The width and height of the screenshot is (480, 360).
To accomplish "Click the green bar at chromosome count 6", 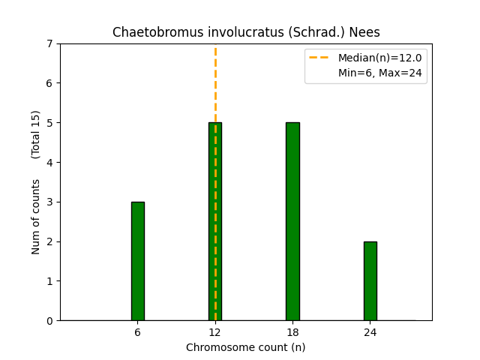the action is coord(138,261).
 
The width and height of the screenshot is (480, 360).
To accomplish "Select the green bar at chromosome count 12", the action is coord(215,222).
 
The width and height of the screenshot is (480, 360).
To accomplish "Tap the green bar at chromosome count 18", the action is coord(293,222).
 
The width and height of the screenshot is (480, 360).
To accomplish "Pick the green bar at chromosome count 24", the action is coord(370,281).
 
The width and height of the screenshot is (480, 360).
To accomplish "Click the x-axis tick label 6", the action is coord(138,332).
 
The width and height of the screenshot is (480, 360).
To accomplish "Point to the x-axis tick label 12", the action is coord(215,332).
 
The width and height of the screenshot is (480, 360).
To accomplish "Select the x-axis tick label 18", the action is coord(293,332).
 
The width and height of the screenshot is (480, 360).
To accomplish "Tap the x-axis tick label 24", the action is coord(370,332).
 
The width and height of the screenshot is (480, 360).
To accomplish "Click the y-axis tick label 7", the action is coord(49,44).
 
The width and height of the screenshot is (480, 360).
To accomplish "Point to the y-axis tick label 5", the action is coord(49,123).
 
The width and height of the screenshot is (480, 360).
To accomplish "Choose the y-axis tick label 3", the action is coord(49,202).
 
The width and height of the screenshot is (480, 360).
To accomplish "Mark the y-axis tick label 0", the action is coord(49,321).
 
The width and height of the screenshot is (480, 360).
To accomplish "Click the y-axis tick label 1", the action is coord(49,281).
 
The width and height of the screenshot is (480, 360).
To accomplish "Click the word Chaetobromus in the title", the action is coord(159,32).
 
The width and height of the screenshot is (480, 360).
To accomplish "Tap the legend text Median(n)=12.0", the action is coord(380,58).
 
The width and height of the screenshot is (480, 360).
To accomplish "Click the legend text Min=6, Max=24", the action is coord(380,73).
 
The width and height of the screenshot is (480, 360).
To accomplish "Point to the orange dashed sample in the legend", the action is coord(319,57).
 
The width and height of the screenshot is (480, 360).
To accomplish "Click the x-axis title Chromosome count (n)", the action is coord(246,347).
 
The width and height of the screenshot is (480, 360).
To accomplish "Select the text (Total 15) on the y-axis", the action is coord(35,135).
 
